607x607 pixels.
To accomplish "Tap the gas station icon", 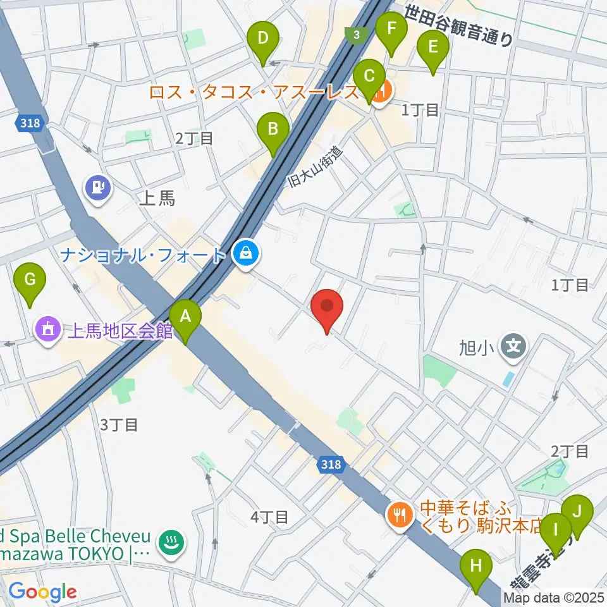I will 99,187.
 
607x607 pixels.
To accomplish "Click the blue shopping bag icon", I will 244,254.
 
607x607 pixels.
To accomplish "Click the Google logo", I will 42,591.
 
